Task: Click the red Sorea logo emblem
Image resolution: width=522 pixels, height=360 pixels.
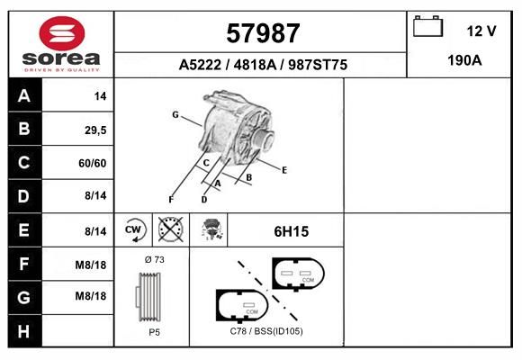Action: point(62,33)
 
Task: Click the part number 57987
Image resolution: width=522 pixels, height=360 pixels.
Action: point(263,33)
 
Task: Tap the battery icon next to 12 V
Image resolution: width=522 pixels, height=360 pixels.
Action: point(427,26)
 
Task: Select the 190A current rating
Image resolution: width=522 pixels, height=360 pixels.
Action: point(464,60)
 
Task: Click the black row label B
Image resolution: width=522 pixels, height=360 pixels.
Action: point(24,129)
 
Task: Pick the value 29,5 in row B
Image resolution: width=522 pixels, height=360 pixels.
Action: point(95,130)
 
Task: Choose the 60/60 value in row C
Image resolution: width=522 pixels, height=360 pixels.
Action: point(93,163)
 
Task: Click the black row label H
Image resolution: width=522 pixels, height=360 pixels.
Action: point(23,331)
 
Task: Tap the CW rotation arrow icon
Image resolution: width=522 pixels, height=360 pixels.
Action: point(133,229)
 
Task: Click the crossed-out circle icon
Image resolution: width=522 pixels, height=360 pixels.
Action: point(171,229)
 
